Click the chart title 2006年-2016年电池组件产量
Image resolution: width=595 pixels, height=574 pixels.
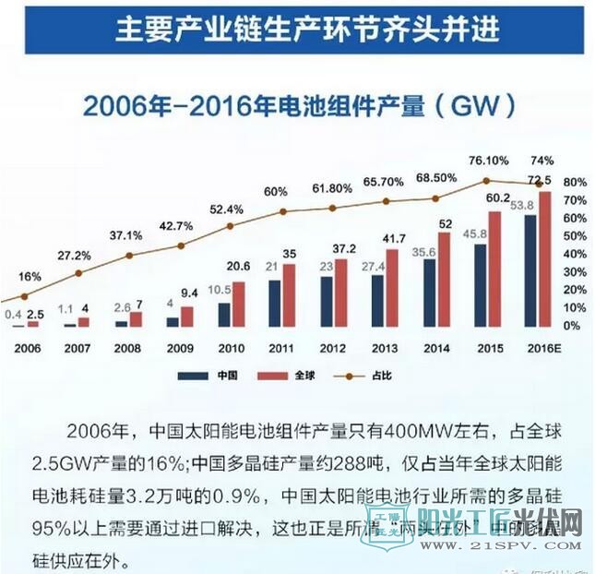(x=298, y=105)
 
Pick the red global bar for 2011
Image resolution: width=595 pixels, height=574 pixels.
(x=289, y=294)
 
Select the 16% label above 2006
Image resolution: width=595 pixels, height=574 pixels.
(x=29, y=277)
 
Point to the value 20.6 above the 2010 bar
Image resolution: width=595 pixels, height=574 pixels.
(x=240, y=266)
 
